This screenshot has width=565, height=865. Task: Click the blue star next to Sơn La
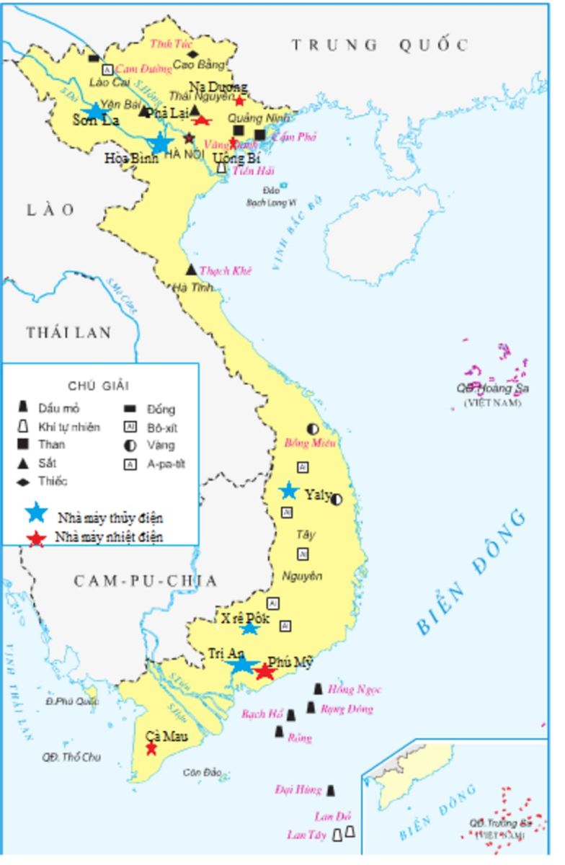point(94,111)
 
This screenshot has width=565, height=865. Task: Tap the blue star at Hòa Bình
point(161,143)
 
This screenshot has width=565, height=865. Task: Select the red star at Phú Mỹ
point(265,672)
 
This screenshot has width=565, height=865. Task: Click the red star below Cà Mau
point(151,749)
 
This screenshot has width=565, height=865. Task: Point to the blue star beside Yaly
point(289,491)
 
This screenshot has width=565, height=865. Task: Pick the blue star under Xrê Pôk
point(249,628)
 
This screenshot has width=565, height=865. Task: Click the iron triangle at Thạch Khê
point(191,270)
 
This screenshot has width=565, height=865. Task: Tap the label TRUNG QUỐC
point(380,45)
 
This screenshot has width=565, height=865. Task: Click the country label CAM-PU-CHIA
point(145,581)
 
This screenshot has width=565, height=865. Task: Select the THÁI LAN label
point(69,332)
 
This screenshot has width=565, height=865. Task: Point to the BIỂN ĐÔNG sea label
point(473,573)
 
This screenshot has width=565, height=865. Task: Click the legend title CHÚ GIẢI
point(99,386)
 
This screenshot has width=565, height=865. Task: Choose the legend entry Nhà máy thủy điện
point(110,518)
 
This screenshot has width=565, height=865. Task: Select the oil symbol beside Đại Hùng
point(331,791)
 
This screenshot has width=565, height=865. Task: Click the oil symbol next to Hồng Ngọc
point(318,689)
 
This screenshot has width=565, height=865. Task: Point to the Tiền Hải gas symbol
point(221,168)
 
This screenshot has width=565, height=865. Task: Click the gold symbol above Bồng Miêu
point(313,428)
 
